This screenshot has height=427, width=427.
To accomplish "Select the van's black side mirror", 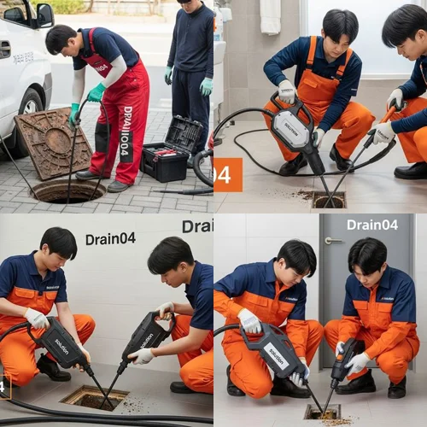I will pyautogui.click(x=44, y=15).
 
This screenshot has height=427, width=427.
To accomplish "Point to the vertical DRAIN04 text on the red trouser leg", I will pyautogui.click(x=127, y=128).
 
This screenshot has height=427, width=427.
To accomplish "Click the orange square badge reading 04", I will pyautogui.click(x=228, y=174).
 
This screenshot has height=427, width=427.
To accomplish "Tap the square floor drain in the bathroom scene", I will pyautogui.click(x=328, y=199).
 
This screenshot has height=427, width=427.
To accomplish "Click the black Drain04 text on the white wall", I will pyautogui.click(x=109, y=238).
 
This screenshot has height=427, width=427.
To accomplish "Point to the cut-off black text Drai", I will pyautogui.click(x=197, y=226).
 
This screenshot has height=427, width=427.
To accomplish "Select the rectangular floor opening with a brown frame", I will pyautogui.click(x=94, y=396).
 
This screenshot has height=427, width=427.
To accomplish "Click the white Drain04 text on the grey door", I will pyautogui.click(x=371, y=225).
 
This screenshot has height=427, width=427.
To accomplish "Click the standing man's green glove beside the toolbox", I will pyautogui.click(x=206, y=86).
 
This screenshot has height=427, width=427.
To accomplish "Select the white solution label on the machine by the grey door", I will pyautogui.click(x=278, y=351).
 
